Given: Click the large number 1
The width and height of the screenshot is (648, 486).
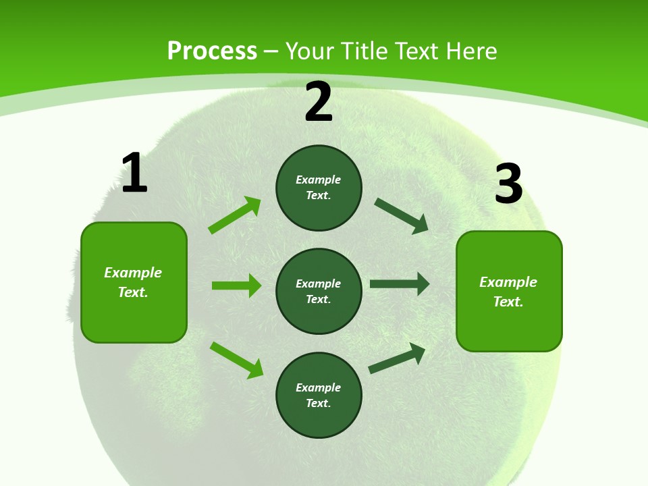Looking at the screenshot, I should point(134,173).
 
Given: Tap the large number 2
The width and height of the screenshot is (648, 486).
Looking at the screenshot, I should point(319,103).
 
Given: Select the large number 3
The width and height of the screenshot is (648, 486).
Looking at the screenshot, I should point(508,184).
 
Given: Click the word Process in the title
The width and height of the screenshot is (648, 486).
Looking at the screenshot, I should point(212,51).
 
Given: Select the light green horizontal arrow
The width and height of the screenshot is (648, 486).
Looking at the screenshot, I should point(236,286).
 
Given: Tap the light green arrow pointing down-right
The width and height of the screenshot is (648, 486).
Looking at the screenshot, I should point(236,359).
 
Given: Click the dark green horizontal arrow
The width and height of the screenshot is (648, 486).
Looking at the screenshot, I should point(399,283).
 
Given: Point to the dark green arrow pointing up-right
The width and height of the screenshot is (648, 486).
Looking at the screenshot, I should point(397,358).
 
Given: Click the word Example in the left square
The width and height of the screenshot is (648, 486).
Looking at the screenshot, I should point(133,273).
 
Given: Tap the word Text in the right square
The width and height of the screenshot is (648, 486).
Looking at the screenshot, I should point(508,302).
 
